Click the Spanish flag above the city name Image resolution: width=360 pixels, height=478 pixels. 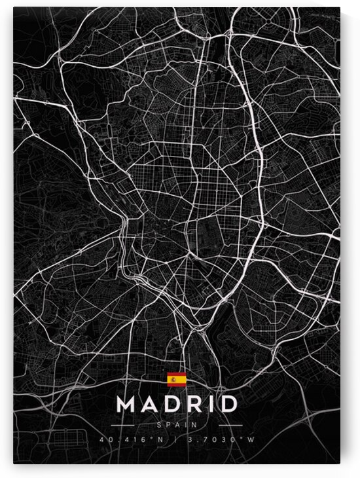177,378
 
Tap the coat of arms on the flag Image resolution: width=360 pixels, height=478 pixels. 173,378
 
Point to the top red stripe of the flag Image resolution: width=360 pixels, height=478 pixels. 177,374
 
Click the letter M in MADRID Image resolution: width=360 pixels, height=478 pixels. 127,403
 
